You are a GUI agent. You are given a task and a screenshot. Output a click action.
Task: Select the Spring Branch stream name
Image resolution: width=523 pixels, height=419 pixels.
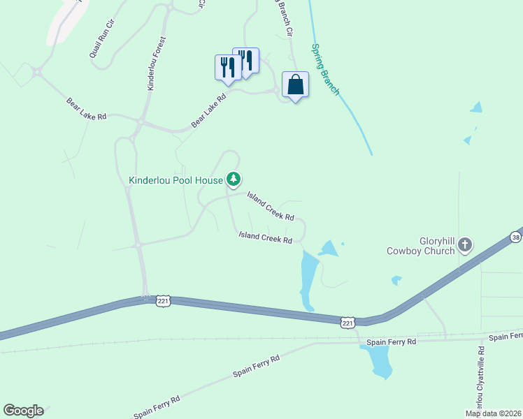[x=325, y=70]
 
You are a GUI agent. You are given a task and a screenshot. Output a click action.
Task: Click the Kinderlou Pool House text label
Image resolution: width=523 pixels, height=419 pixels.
[x=175, y=179]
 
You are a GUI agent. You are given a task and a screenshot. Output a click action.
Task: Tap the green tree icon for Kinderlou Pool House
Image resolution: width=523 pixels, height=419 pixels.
[x=234, y=179]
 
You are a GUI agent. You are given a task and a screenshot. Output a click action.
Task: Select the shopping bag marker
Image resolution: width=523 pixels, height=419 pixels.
[x=295, y=85]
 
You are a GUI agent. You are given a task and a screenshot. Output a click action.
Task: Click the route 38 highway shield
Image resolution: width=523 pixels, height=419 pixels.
[x=516, y=237]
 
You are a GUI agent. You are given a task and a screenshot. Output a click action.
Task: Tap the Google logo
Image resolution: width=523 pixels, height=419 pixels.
[x=23, y=411]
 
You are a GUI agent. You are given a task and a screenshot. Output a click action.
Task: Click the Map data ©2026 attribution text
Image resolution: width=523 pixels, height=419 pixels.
[x=494, y=413]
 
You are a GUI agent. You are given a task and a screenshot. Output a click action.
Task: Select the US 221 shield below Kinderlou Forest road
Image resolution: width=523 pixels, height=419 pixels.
[x=162, y=300]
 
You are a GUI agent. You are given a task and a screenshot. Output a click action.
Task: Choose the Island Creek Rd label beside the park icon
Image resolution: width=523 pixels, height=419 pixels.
[x=269, y=207]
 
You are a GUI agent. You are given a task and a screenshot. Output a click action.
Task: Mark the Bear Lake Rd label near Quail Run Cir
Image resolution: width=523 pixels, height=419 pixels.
[x=86, y=109]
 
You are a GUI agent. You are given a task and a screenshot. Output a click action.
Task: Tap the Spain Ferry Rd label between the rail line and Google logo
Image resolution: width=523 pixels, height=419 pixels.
[x=256, y=365]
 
